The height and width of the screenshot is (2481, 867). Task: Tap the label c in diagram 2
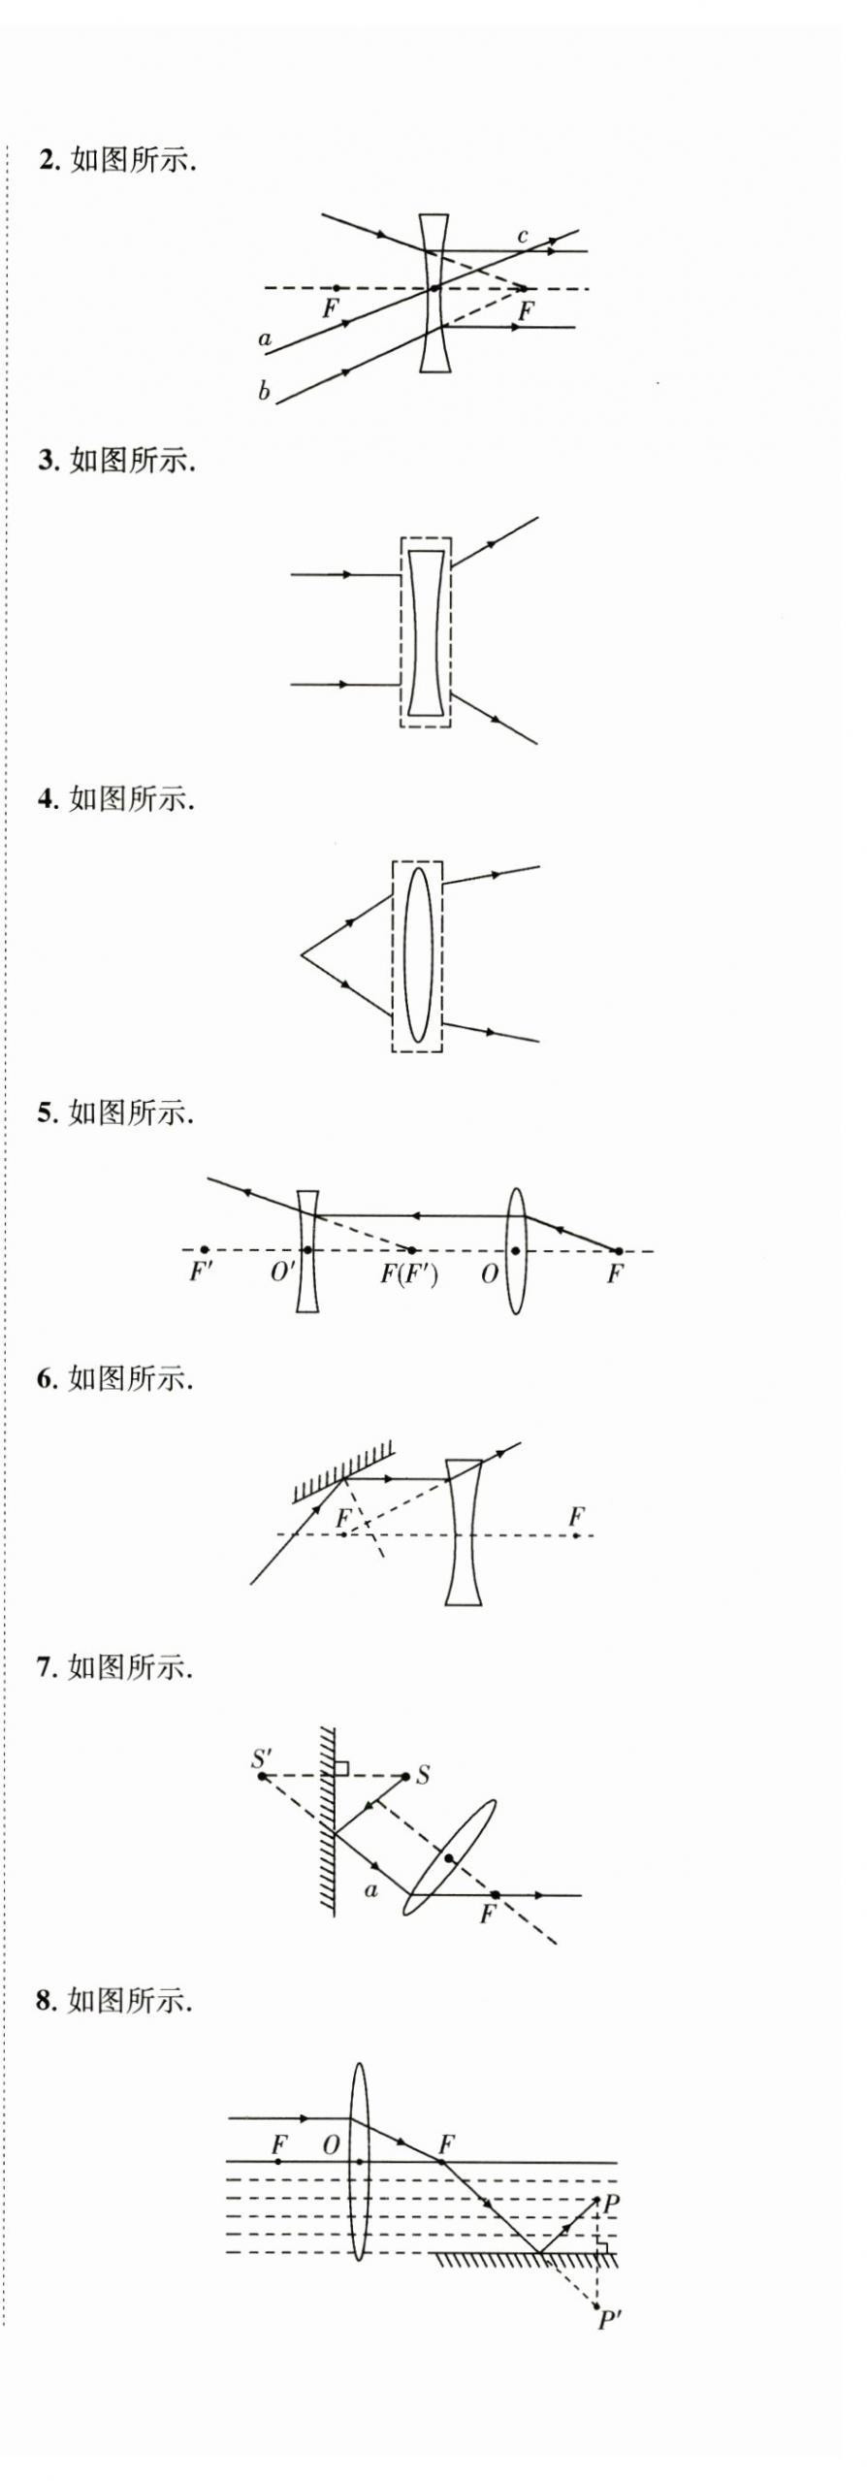(523, 236)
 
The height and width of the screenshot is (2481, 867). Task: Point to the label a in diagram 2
(265, 339)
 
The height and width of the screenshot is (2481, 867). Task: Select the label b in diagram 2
(264, 392)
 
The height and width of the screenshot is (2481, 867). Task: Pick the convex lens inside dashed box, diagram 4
(418, 955)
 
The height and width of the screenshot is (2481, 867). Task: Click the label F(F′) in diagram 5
(408, 1273)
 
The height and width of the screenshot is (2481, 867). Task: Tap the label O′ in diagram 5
(282, 1273)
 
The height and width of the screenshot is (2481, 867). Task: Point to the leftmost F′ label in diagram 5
(201, 1272)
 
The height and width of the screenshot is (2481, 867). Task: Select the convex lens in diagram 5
(516, 1251)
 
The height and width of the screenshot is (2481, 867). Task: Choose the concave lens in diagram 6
(464, 1534)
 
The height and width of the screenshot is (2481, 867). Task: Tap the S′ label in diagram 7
(262, 1758)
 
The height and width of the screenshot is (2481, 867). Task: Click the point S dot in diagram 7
(405, 1776)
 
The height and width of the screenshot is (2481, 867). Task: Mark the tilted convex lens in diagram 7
(449, 1857)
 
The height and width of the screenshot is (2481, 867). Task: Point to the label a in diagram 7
(370, 1888)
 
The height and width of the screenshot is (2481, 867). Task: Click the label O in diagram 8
(331, 2144)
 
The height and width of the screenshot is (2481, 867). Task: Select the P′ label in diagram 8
(609, 2320)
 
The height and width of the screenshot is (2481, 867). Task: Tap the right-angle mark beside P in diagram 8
(601, 2246)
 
